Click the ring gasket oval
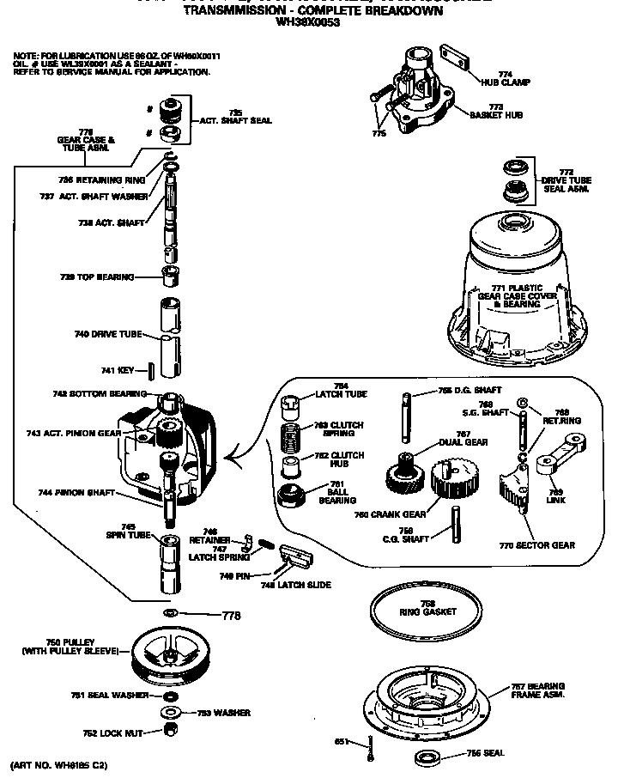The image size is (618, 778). click(427, 611)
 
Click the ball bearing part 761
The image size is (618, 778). click(294, 495)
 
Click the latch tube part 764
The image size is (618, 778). click(290, 403)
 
